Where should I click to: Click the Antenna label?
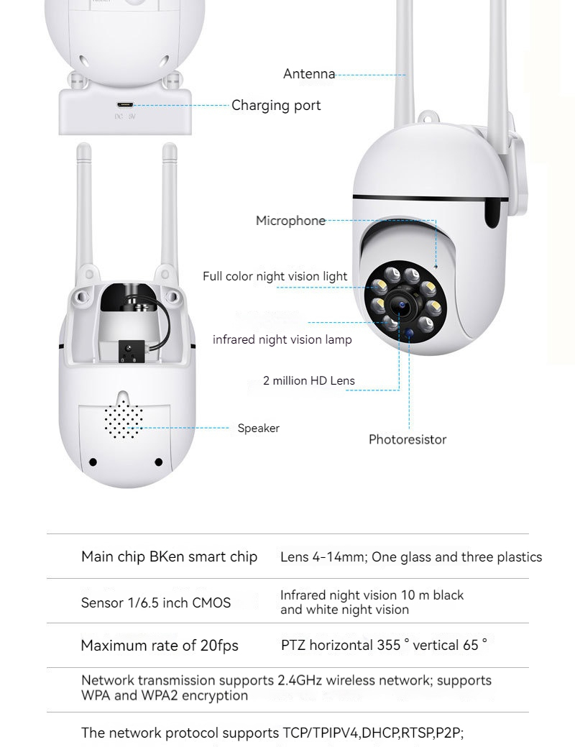(x=309, y=74)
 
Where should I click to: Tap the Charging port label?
(x=276, y=106)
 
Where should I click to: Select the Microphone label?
(x=290, y=221)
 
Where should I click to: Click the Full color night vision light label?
(x=275, y=276)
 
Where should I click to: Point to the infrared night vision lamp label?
(x=282, y=339)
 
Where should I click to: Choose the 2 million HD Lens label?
(x=309, y=381)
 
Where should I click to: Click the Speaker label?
(x=259, y=429)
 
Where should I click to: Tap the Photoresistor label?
(x=408, y=439)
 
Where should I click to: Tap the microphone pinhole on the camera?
(x=436, y=267)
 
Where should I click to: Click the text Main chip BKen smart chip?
(x=169, y=557)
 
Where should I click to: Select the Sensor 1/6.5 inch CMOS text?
(x=156, y=602)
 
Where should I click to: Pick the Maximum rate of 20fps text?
(x=160, y=646)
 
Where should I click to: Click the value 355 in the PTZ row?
(x=389, y=645)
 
